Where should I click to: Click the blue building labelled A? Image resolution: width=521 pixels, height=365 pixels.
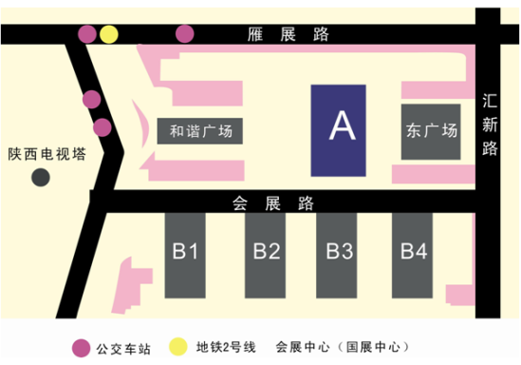click(x=339, y=129)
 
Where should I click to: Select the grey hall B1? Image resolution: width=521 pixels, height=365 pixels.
click(x=185, y=253)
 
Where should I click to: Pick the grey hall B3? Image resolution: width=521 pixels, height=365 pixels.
click(x=340, y=253)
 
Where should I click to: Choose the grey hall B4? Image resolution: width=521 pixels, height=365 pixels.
click(x=414, y=253)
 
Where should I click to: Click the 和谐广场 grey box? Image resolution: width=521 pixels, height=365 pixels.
click(x=200, y=131)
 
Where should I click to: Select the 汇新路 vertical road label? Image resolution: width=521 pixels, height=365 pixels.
click(x=490, y=124)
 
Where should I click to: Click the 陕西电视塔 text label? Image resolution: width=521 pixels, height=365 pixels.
click(x=47, y=155)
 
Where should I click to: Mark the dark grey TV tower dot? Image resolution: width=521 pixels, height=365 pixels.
click(x=40, y=178)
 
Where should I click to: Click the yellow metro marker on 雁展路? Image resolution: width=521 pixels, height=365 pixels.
click(x=110, y=35)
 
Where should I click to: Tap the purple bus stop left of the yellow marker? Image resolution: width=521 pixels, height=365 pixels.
click(x=86, y=35)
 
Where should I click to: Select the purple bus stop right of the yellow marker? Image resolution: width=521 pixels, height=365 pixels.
click(x=184, y=35)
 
